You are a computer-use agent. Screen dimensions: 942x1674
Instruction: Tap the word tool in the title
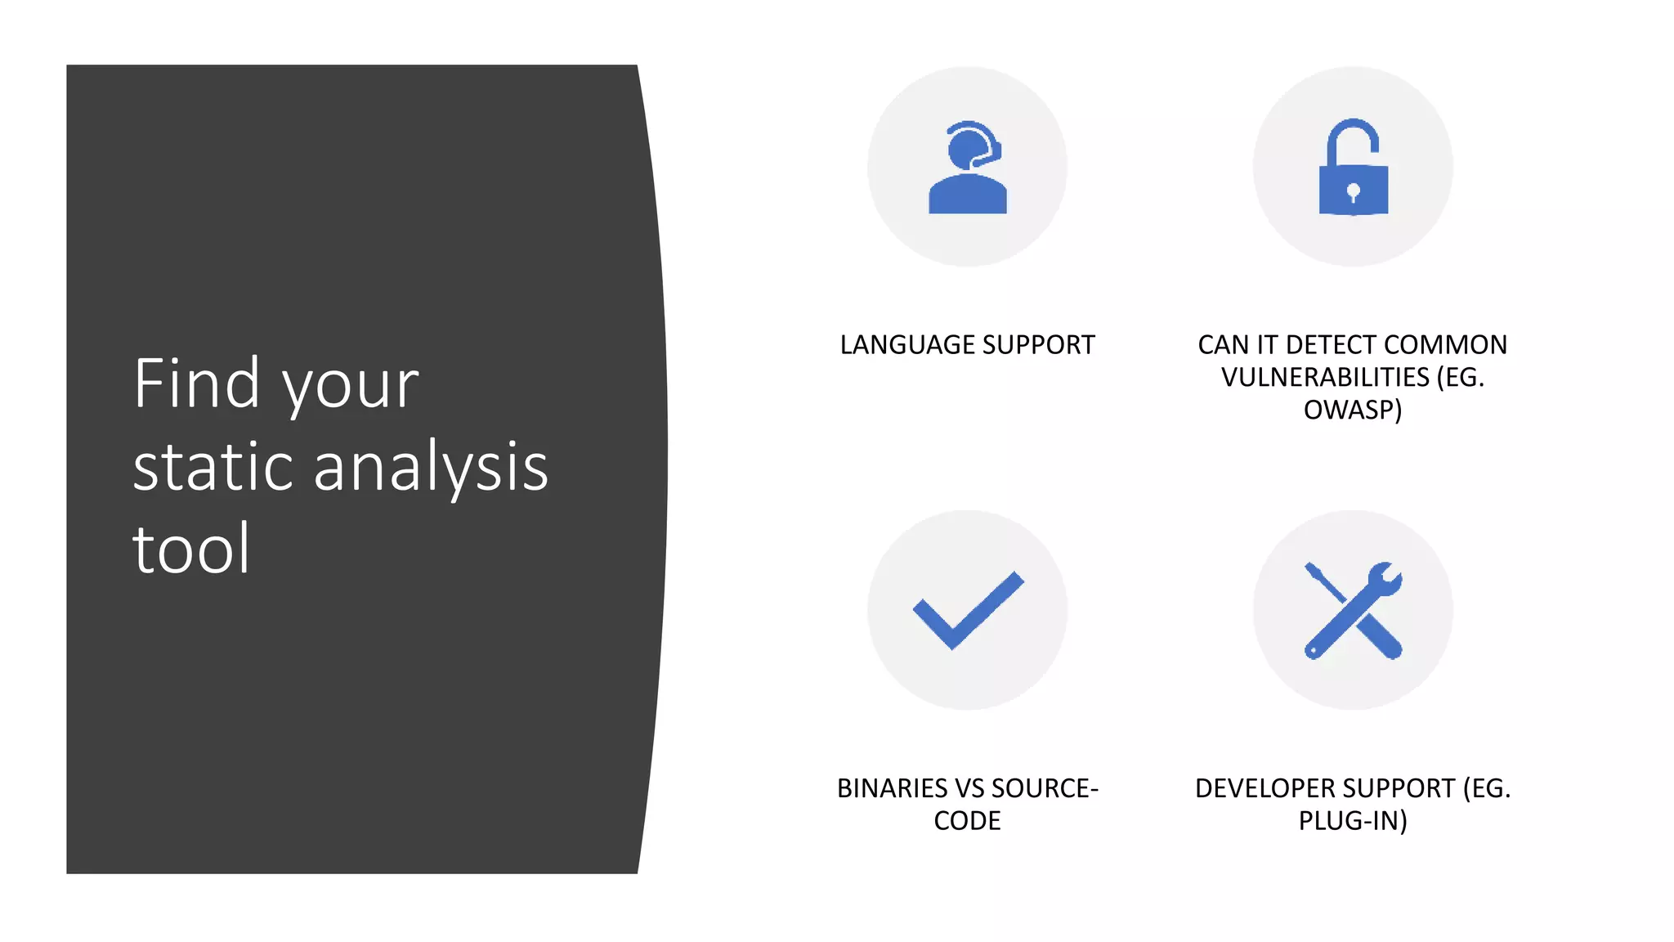click(190, 549)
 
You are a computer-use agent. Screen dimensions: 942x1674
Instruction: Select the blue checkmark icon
click(968, 610)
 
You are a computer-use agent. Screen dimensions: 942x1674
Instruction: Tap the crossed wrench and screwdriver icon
click(1353, 610)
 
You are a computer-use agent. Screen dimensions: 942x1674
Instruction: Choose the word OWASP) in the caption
click(1353, 410)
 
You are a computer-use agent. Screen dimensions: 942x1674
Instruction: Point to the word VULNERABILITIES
click(1325, 378)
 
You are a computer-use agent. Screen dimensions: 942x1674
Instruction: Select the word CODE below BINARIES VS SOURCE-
click(967, 821)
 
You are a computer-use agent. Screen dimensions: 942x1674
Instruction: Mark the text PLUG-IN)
click(1353, 821)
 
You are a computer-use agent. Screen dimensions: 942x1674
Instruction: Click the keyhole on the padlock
click(1353, 193)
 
